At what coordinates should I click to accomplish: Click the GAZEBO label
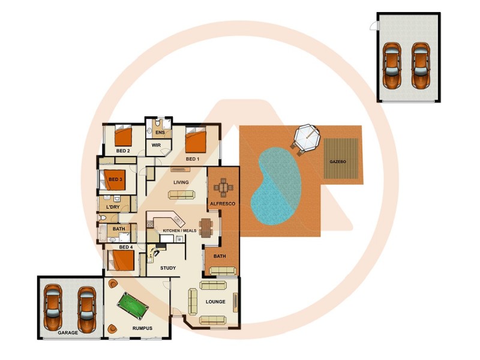(337, 162)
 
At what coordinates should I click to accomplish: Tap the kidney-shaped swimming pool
(276, 186)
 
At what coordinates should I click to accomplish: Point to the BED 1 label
(192, 159)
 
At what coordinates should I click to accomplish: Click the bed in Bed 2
(124, 136)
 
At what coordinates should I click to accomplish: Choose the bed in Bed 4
(121, 260)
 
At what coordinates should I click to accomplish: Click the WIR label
(156, 145)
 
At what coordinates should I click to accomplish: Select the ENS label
(160, 133)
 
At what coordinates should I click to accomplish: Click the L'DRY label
(113, 208)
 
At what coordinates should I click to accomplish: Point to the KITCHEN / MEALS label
(179, 230)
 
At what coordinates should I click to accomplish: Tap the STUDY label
(168, 268)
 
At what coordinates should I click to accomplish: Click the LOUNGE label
(215, 302)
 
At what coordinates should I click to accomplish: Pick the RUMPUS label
(142, 328)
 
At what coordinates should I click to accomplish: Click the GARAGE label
(68, 332)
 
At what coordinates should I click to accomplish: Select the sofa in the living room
(181, 194)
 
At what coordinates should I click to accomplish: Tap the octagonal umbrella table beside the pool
(305, 139)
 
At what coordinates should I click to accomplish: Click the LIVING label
(181, 182)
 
